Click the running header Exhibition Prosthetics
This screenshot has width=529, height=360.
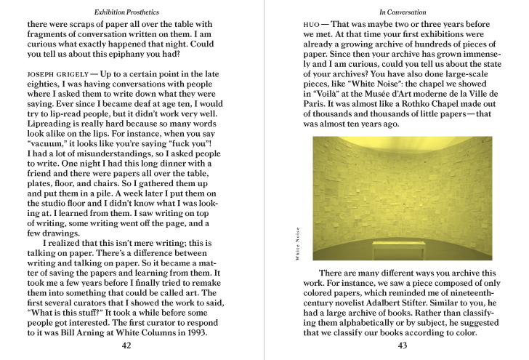[x=126, y=12]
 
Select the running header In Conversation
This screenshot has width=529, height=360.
[x=403, y=12]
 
